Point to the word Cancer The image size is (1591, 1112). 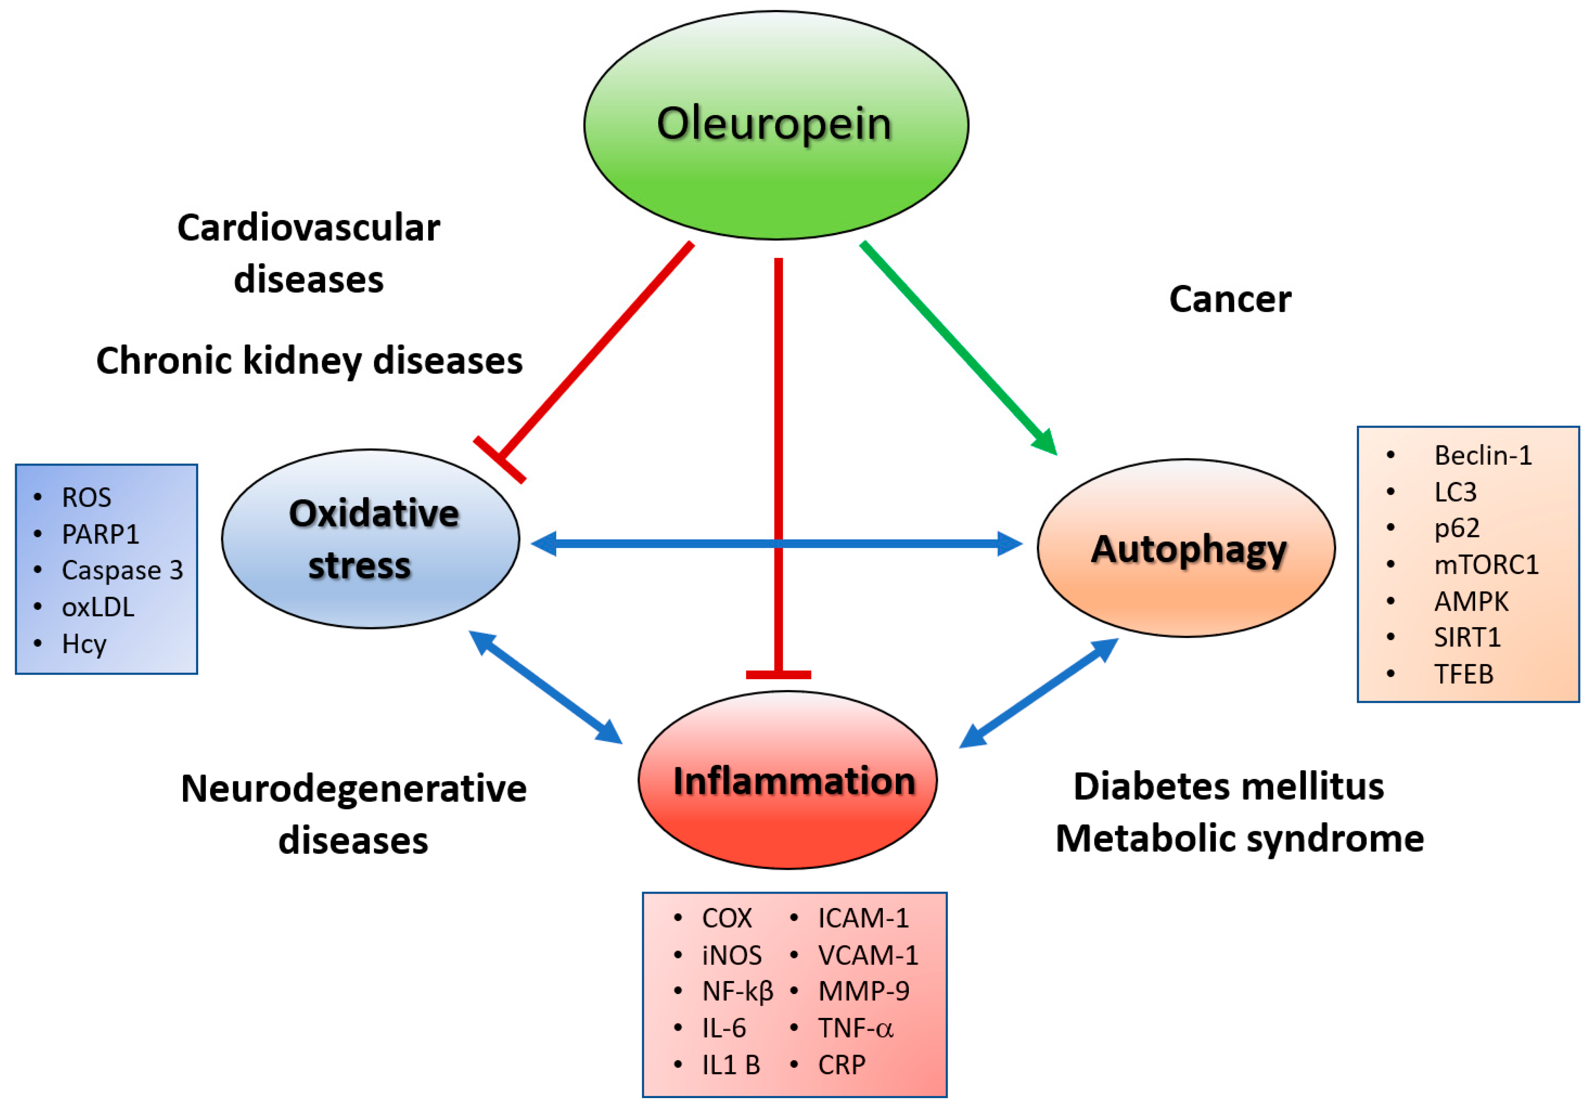(x=1230, y=299)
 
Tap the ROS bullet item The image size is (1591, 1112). (x=86, y=497)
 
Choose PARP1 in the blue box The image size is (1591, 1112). (x=100, y=534)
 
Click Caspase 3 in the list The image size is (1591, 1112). (x=122, y=570)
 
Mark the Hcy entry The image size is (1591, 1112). (x=84, y=644)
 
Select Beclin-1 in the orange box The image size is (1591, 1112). (x=1483, y=455)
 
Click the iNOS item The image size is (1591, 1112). (x=732, y=955)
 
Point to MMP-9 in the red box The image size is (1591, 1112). (x=864, y=992)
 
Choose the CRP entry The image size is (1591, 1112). (x=841, y=1065)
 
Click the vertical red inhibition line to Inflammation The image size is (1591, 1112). (x=779, y=416)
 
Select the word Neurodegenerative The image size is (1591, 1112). (x=353, y=788)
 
